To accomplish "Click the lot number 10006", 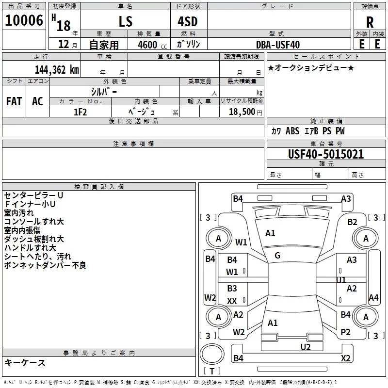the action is click(x=23, y=21).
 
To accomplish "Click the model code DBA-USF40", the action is click(x=278, y=45).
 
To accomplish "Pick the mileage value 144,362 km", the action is click(x=57, y=69).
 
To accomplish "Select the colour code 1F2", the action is click(x=80, y=112).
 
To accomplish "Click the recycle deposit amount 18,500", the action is click(x=241, y=112).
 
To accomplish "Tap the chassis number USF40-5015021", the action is click(x=326, y=154).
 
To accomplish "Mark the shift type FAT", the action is click(x=14, y=101).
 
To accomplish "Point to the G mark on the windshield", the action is click(x=277, y=256).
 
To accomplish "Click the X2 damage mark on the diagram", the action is click(x=345, y=358).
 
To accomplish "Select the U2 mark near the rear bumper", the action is click(x=305, y=346).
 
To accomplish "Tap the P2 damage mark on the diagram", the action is click(x=345, y=332).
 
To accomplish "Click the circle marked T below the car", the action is click(x=211, y=353).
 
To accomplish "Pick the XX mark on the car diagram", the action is click(x=232, y=301).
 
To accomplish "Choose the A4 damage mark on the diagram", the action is click(x=373, y=298).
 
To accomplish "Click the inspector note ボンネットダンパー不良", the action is click(x=45, y=265).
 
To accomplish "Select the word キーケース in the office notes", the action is click(x=25, y=362).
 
